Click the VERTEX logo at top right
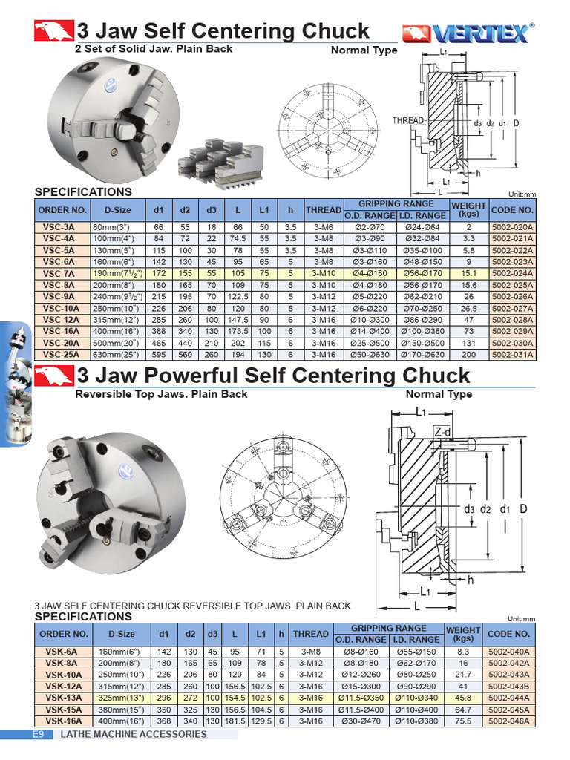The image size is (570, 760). pos(468,33)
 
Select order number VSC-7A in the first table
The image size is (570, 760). pos(62,273)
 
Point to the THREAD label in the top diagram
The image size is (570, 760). pos(407,120)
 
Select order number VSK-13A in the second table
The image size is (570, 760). pos(63,698)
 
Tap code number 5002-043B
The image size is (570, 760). pos(509,687)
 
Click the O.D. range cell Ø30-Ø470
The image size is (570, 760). pos(361,720)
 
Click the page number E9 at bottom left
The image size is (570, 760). pos(39,734)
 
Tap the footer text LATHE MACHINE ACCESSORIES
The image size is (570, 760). pos(133,734)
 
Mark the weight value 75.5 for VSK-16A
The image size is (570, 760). pos(463,720)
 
